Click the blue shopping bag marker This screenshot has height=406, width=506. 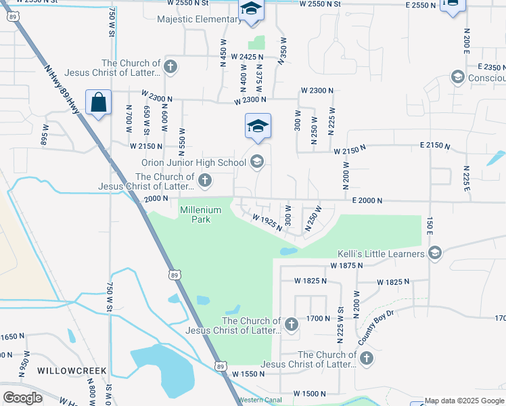click(99, 103)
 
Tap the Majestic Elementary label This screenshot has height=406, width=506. click(198, 19)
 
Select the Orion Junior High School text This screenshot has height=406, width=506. click(193, 162)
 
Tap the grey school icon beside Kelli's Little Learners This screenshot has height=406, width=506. click(434, 254)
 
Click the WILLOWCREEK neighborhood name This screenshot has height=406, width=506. click(68, 371)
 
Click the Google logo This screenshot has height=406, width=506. click(22, 398)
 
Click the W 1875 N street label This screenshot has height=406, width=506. click(347, 266)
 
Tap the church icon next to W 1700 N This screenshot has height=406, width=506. click(292, 324)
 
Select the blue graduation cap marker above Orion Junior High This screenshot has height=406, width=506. click(258, 125)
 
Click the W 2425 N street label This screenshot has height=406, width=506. click(246, 58)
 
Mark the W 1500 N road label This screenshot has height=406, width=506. click(310, 393)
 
